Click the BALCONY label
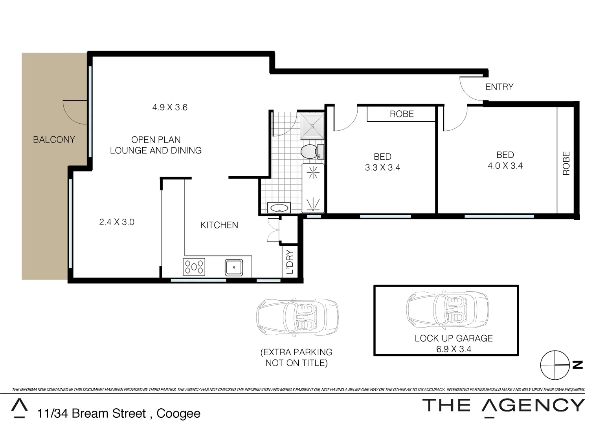click(x=54, y=139)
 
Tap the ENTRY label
click(x=499, y=87)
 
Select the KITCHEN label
click(x=219, y=225)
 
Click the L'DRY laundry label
click(x=290, y=262)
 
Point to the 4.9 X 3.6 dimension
click(x=170, y=107)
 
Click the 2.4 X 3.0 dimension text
click(x=117, y=222)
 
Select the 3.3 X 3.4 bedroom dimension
click(x=382, y=168)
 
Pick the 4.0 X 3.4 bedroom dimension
click(x=505, y=166)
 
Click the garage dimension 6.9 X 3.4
click(x=454, y=349)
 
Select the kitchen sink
click(x=234, y=267)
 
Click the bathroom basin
click(x=279, y=208)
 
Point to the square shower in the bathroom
click(x=312, y=126)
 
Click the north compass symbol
click(x=555, y=365)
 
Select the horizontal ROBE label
click(x=402, y=114)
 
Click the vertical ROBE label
click(x=566, y=163)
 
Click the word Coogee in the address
click(x=178, y=413)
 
